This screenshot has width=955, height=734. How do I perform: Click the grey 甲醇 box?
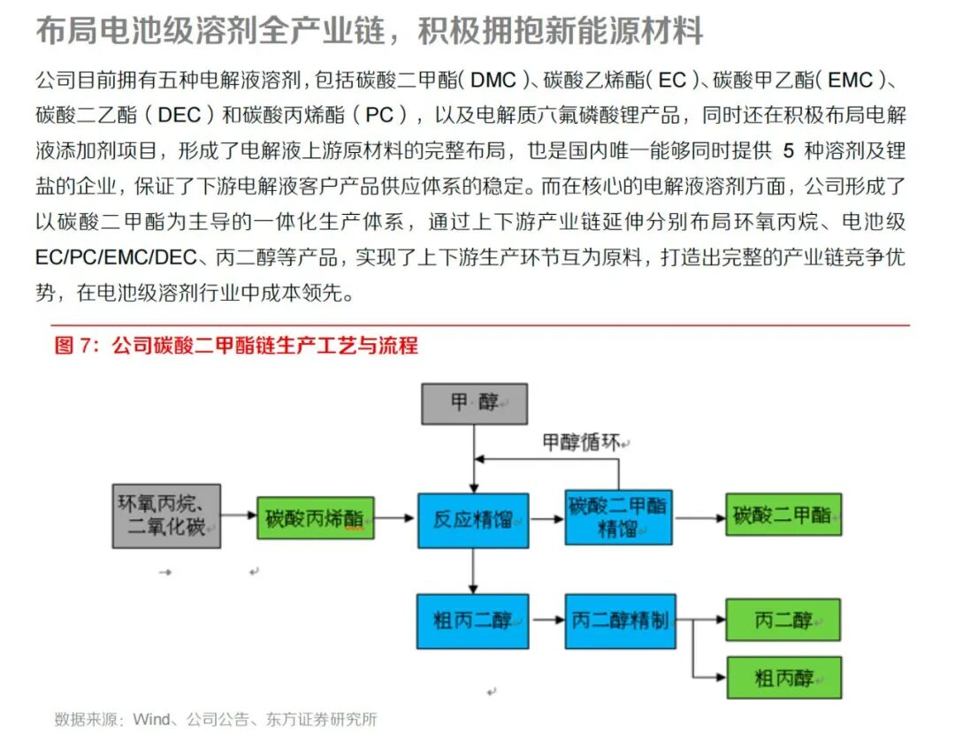coord(475,403)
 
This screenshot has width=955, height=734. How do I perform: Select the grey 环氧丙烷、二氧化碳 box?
coord(166,516)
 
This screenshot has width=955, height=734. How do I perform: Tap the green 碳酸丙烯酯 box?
coord(316,518)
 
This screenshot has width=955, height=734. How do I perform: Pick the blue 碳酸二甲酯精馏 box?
coord(619,517)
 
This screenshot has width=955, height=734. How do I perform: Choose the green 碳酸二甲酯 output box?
coord(783,515)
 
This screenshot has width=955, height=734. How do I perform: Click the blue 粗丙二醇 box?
coord(473,620)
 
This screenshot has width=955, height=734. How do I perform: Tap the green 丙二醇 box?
coord(783,619)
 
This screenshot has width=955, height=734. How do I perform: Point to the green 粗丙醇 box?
coord(783,678)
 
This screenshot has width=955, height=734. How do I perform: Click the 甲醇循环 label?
coord(581,442)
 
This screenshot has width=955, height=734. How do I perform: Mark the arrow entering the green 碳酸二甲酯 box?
coord(700,517)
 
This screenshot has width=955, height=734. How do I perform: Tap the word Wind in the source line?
coord(150,719)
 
